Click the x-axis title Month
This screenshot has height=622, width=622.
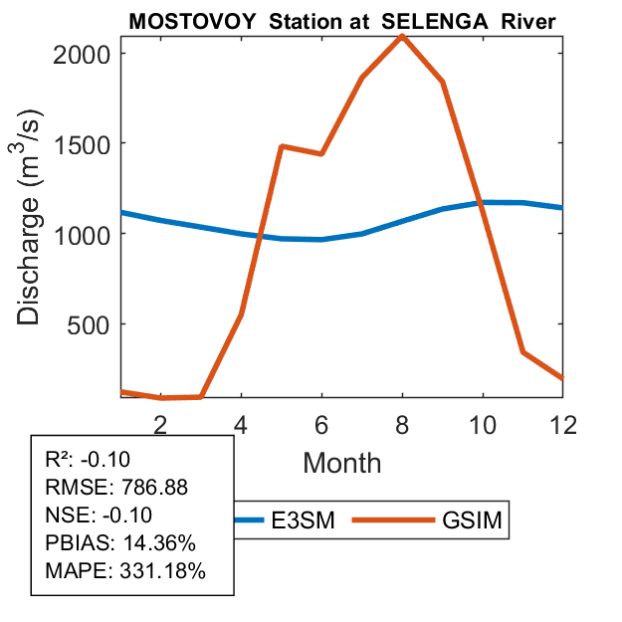click(341, 462)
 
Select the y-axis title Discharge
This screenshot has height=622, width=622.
click(30, 261)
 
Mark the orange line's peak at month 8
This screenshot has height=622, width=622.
click(402, 36)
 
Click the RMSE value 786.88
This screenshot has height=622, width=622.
click(154, 487)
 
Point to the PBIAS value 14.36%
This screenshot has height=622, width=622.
click(158, 543)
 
